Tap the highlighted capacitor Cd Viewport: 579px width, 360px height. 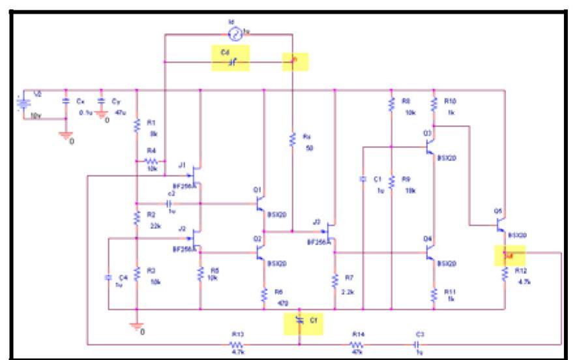click(232, 62)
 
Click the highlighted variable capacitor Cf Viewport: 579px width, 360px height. click(299, 320)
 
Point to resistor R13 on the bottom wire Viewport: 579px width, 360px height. click(236, 343)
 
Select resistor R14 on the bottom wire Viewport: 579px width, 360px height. click(357, 343)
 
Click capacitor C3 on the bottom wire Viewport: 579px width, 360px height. click(419, 343)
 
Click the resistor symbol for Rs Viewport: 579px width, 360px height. click(293, 139)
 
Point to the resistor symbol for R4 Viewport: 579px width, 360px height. click(151, 160)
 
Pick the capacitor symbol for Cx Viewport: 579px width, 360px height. click(66, 102)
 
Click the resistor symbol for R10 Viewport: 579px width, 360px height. click(432, 104)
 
